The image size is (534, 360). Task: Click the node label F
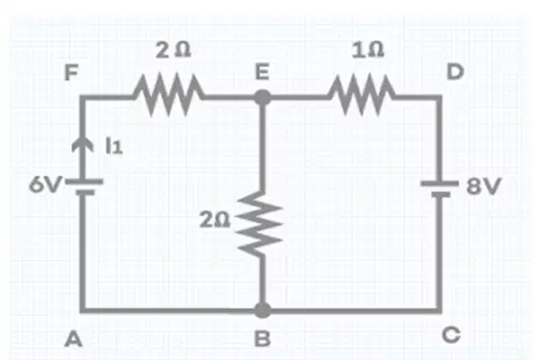pos(72,73)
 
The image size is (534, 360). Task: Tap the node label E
pos(263,73)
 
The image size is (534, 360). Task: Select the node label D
pos(456,72)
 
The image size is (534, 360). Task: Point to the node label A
pos(74,339)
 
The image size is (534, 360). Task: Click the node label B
pos(263,339)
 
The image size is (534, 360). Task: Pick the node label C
pos(452,334)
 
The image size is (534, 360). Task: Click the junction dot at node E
pos(263,97)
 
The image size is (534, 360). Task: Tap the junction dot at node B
pos(263,310)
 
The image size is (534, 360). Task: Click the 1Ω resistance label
pos(368,50)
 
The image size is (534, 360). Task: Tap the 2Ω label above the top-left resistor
pos(173,50)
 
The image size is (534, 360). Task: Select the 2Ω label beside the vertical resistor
pos(215,219)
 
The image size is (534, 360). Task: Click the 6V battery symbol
pos(84,187)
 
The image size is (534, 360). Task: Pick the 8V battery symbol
pos(439,189)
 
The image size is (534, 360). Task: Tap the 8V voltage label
pos(483,186)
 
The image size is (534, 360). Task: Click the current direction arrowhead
pos(82,144)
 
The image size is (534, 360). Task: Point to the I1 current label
pos(114,146)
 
